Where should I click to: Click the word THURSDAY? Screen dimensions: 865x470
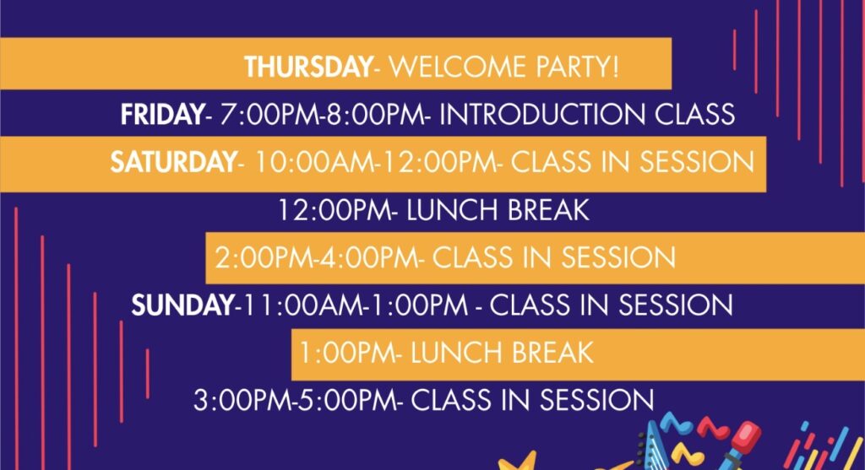click(309, 67)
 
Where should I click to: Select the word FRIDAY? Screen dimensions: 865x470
click(163, 115)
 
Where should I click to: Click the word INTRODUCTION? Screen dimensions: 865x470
click(542, 115)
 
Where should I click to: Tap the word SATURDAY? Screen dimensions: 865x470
click(174, 162)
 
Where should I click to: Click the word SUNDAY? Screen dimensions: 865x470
click(182, 305)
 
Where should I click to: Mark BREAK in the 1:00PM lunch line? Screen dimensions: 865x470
click(552, 353)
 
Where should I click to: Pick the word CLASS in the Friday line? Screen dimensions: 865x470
click(695, 115)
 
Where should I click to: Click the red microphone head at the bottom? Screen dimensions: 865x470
click(747, 433)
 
